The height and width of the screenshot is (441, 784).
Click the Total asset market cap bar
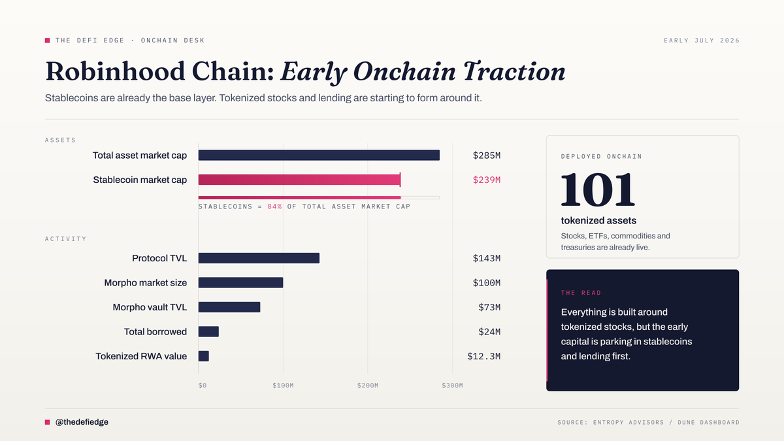click(319, 155)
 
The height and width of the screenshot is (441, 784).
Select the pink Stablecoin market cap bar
click(300, 180)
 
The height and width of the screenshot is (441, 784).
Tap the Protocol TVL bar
click(259, 258)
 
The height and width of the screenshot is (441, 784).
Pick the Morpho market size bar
click(241, 282)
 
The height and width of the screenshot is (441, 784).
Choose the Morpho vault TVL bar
click(229, 307)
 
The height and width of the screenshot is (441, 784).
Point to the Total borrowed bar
click(208, 331)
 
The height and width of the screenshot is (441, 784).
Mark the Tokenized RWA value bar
click(204, 356)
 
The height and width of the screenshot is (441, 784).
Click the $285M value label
click(487, 155)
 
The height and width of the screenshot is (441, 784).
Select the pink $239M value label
click(487, 180)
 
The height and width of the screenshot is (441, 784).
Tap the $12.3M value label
click(483, 356)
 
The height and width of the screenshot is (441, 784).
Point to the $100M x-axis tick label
click(283, 385)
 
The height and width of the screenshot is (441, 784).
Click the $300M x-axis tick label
click(452, 385)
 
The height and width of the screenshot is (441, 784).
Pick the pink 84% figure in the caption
click(274, 206)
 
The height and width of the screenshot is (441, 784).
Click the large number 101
click(598, 189)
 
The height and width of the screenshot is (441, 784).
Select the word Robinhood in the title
click(115, 71)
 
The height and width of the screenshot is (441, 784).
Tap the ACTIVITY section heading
click(65, 238)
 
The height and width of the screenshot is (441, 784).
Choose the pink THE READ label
click(581, 293)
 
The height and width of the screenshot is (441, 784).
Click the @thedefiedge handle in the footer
click(82, 422)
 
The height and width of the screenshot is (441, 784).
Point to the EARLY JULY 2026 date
click(702, 41)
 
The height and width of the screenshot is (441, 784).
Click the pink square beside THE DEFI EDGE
click(47, 41)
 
